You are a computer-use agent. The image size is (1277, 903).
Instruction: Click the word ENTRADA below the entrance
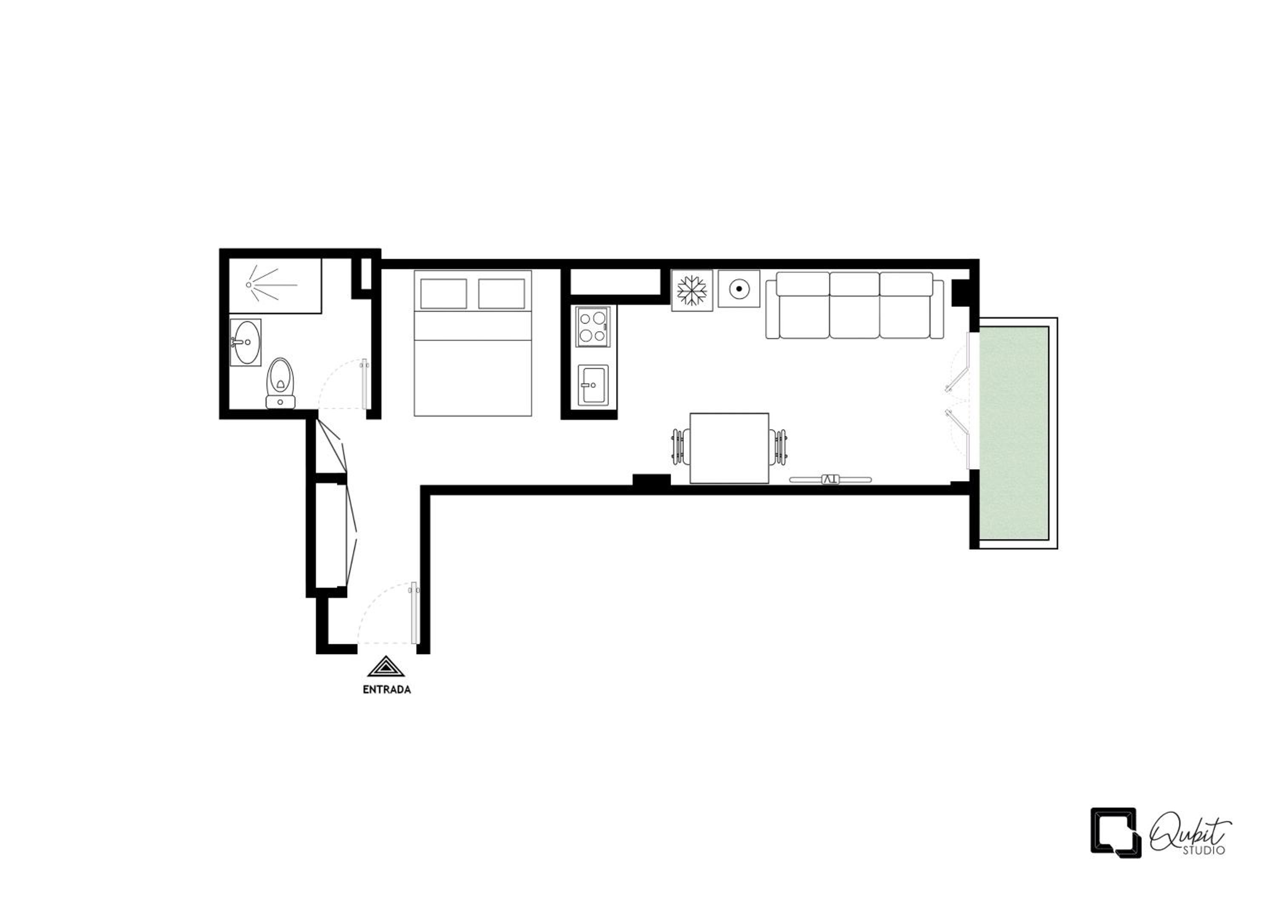click(387, 689)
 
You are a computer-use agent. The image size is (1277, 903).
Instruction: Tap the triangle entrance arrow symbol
click(386, 667)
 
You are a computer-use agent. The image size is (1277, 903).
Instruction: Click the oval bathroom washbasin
click(246, 342)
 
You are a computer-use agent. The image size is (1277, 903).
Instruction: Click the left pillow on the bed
click(443, 294)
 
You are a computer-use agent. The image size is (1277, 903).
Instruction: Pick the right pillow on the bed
click(501, 294)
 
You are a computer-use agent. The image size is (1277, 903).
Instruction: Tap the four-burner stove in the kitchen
click(593, 327)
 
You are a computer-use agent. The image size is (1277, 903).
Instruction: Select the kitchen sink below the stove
click(593, 385)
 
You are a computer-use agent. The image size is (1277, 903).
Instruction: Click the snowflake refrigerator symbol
click(692, 290)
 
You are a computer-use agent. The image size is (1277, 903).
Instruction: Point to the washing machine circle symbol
click(739, 289)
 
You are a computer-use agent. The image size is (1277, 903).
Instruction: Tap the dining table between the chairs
click(729, 448)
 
